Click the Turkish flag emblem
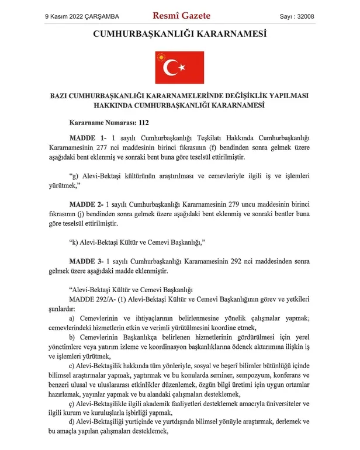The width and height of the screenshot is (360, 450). [x=179, y=67]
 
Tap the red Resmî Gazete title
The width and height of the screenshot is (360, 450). [x=181, y=16]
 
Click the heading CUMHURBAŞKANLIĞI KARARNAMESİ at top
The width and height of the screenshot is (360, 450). [x=179, y=34]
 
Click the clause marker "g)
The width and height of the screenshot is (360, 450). [x=73, y=175]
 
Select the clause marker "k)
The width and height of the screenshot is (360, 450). [x=73, y=241]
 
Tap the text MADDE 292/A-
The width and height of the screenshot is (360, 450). [x=94, y=299]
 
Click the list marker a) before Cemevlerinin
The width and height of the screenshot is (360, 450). [x=72, y=317]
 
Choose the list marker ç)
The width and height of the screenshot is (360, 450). [x=72, y=403]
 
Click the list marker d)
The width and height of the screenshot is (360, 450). [x=72, y=421]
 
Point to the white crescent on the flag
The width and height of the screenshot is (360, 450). [x=173, y=68]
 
